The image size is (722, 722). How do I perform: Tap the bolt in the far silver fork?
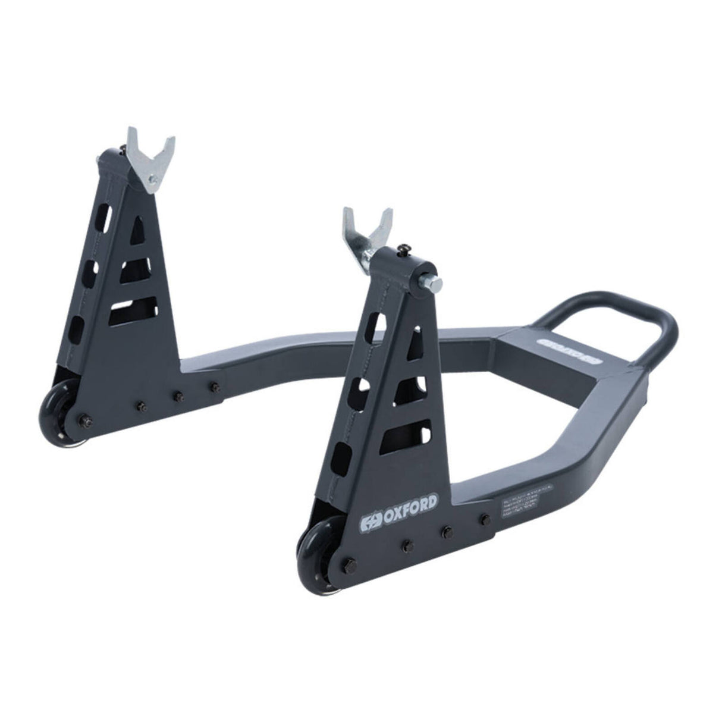153,178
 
